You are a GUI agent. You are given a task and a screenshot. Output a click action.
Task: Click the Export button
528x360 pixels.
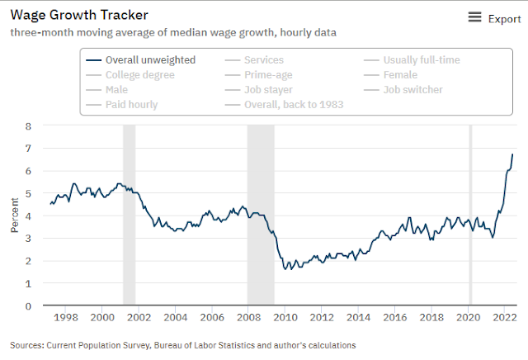[x=495, y=18]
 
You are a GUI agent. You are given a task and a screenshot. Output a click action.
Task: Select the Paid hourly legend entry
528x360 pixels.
[x=131, y=105]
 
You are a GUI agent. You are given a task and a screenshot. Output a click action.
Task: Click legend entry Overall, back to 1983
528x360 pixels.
[x=295, y=105]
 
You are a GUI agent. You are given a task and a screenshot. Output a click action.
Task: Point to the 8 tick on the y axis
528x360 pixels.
[x=28, y=126]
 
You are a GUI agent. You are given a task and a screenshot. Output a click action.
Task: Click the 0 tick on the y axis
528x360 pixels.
[x=28, y=306]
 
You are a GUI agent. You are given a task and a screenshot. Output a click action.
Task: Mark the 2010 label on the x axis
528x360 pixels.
[x=285, y=318]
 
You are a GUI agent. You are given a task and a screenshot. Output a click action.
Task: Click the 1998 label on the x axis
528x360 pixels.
[x=65, y=318]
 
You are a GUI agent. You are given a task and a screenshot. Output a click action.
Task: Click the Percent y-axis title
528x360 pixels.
[x=14, y=216]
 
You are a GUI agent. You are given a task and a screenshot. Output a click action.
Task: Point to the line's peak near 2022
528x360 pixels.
[x=512, y=154]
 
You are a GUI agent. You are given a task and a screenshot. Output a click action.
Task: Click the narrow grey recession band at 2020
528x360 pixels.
[x=470, y=215]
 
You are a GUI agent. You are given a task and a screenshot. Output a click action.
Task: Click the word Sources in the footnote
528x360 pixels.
[x=28, y=344]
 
